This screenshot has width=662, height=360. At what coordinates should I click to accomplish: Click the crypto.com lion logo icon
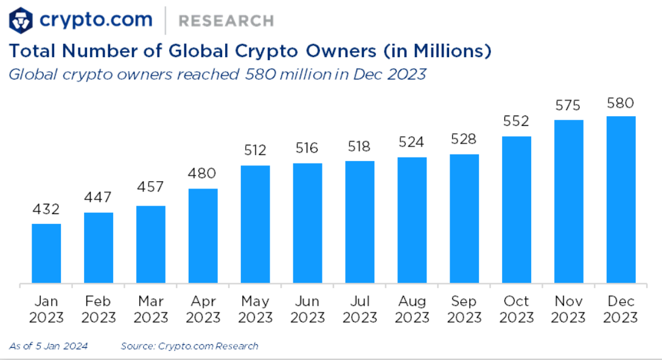pyautogui.click(x=21, y=20)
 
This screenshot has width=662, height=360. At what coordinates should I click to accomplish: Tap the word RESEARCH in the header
pyautogui.click(x=226, y=21)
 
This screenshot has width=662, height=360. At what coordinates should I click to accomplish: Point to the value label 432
pyautogui.click(x=46, y=210)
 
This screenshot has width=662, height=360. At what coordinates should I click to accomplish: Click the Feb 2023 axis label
pyautogui.click(x=99, y=309)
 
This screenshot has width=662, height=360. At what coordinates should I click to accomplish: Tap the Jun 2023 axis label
pyautogui.click(x=307, y=309)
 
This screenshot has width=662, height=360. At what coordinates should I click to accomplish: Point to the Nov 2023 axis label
pyautogui.click(x=569, y=309)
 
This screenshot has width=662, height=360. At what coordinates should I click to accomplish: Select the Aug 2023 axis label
pyautogui.click(x=412, y=309)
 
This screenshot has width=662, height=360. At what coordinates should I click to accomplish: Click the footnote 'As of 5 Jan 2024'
pyautogui.click(x=49, y=346)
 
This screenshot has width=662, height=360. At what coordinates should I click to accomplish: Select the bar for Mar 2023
pyautogui.click(x=151, y=244)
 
